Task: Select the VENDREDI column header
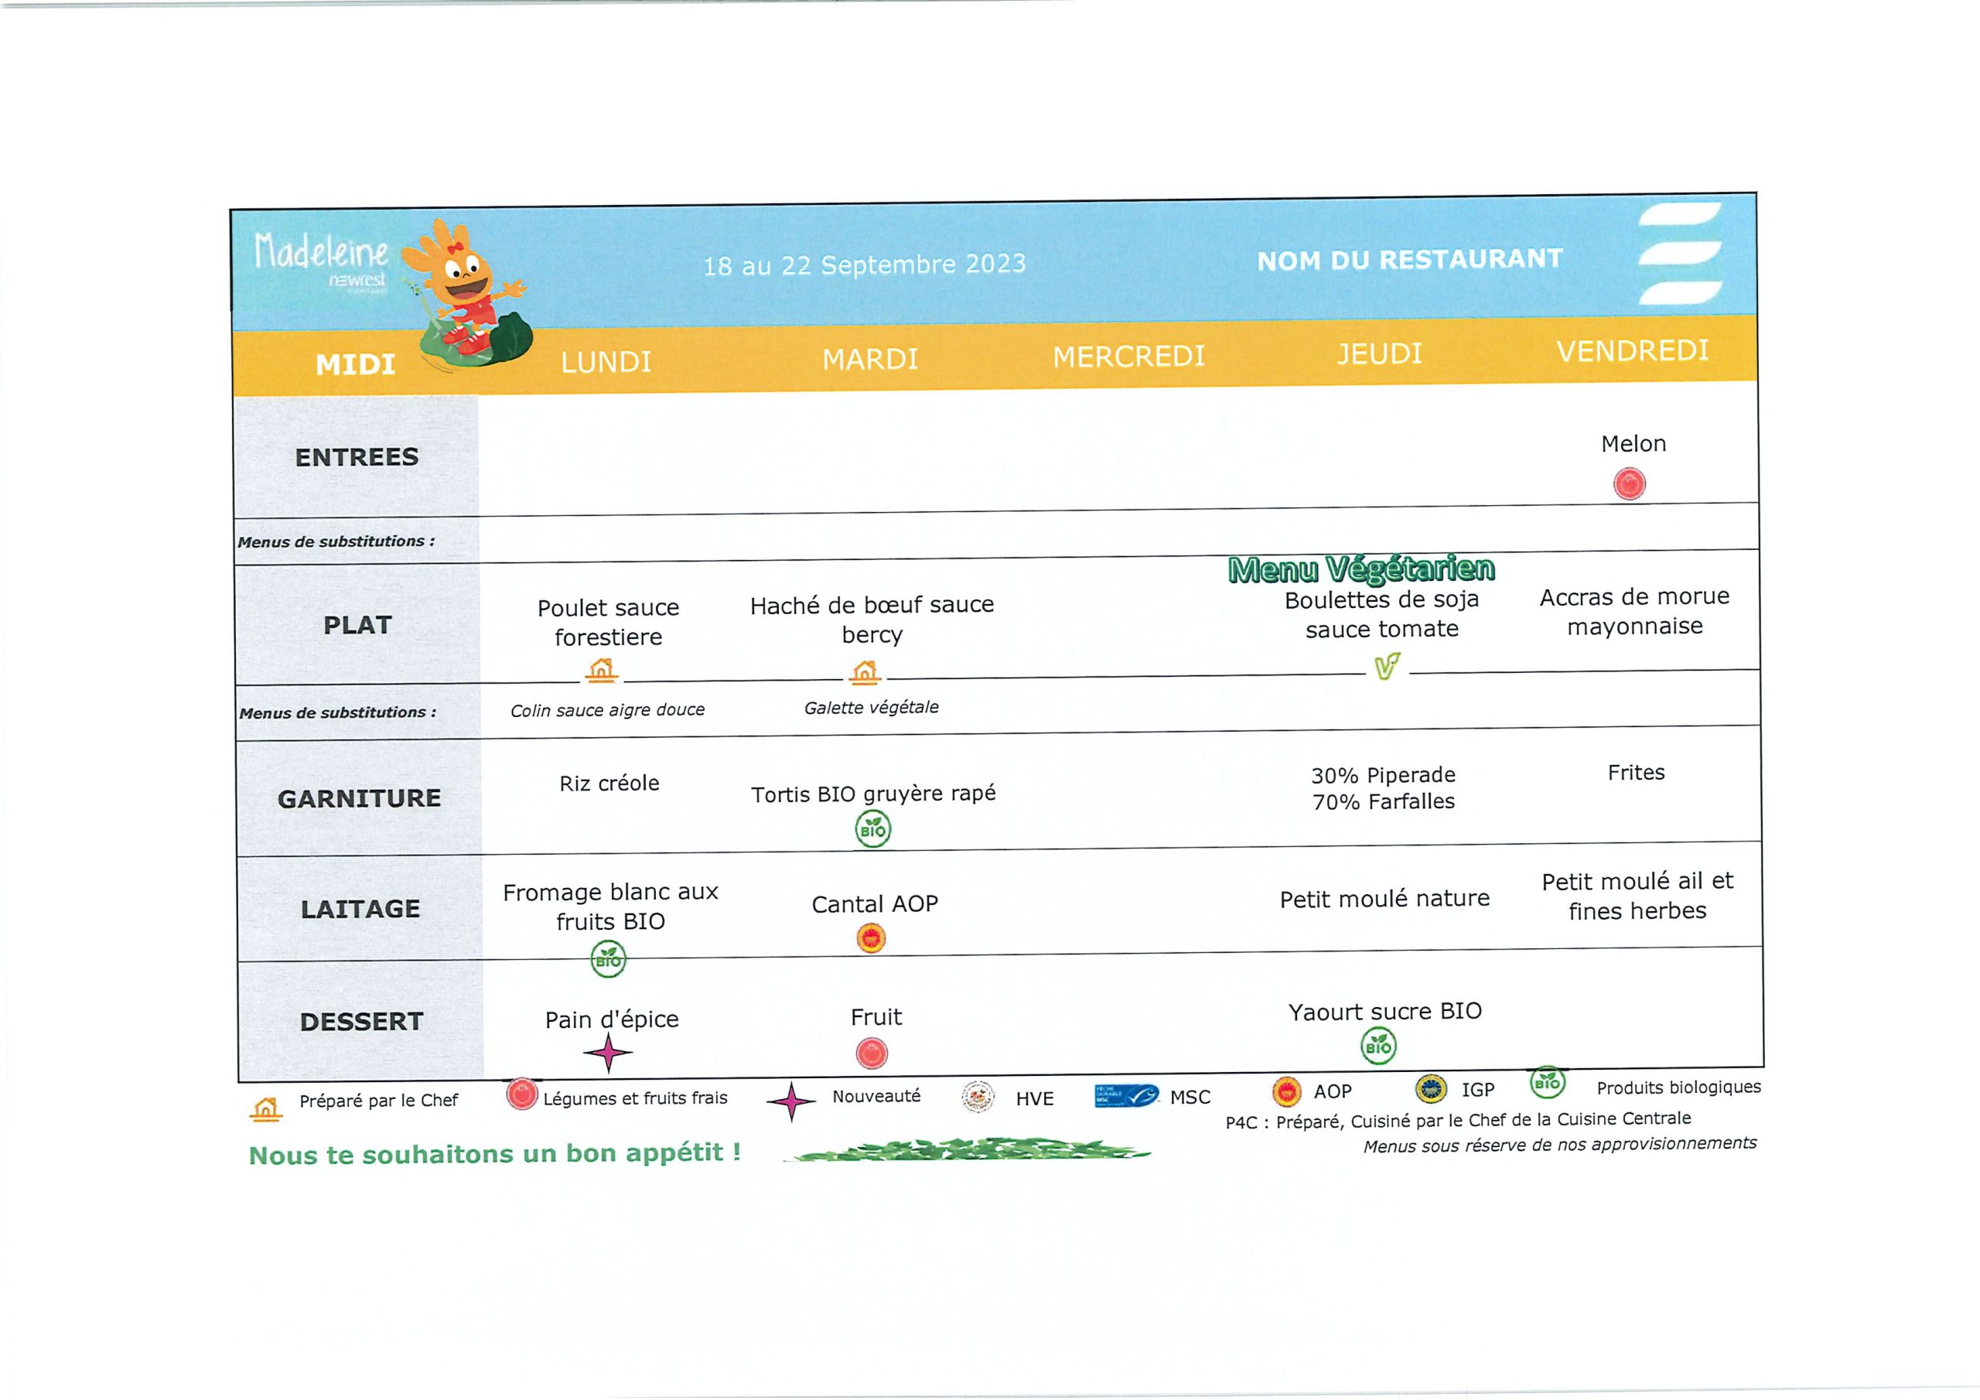pyautogui.click(x=1632, y=350)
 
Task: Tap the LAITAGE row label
pyautogui.click(x=360, y=908)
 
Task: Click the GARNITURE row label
pyautogui.click(x=359, y=799)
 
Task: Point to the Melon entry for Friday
pyautogui.click(x=1633, y=443)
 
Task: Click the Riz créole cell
pyautogui.click(x=609, y=784)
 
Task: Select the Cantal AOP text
pyautogui.click(x=875, y=904)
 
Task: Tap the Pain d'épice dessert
pyautogui.click(x=612, y=1019)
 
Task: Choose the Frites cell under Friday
pyautogui.click(x=1636, y=772)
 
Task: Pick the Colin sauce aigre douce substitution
pyautogui.click(x=607, y=710)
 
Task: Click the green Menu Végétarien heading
pyautogui.click(x=1360, y=569)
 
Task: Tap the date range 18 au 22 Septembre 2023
pyautogui.click(x=864, y=264)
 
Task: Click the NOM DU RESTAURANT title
pyautogui.click(x=1409, y=260)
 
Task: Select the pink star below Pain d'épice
pyautogui.click(x=608, y=1053)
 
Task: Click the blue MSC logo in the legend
pyautogui.click(x=1126, y=1095)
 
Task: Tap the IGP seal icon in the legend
pyautogui.click(x=1432, y=1090)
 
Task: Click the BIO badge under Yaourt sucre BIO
pyautogui.click(x=1378, y=1047)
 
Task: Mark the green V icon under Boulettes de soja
pyautogui.click(x=1387, y=666)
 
